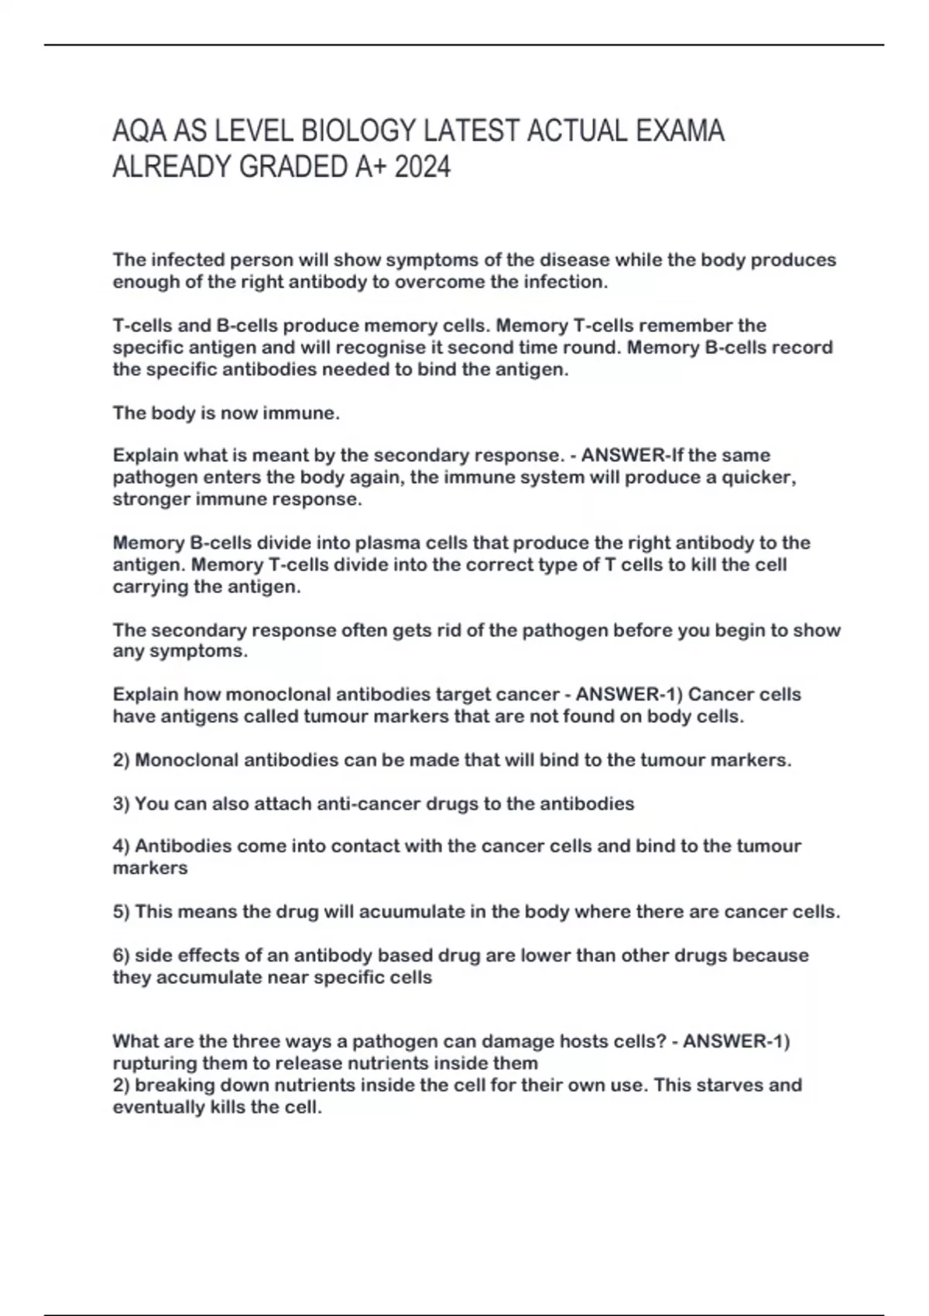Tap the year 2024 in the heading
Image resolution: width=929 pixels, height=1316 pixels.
pyautogui.click(x=422, y=167)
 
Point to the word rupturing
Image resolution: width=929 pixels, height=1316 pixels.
pyautogui.click(x=155, y=1064)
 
